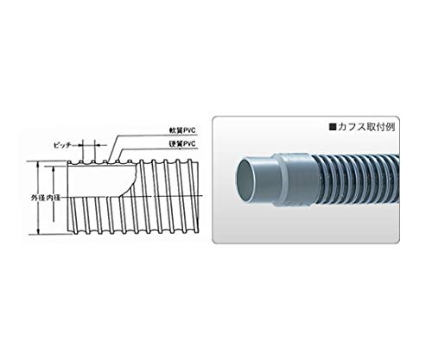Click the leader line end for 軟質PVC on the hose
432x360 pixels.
click(x=113, y=161)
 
